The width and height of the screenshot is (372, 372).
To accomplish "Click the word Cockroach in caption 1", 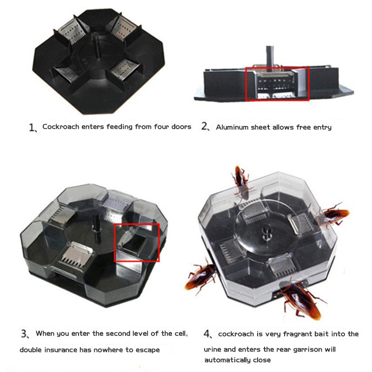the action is (x=60, y=126).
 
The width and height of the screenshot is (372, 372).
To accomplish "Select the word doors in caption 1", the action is (x=181, y=126).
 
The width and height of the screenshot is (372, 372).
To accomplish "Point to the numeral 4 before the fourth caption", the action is (x=207, y=334).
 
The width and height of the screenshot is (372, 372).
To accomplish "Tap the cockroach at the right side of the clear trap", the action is (x=331, y=215).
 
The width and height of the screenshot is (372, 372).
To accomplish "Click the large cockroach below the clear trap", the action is (x=301, y=299).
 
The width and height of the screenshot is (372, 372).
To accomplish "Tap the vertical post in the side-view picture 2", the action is (x=270, y=57).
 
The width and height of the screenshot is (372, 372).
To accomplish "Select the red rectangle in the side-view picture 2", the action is (x=277, y=68).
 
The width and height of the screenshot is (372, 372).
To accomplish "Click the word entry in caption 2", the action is (x=322, y=127).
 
